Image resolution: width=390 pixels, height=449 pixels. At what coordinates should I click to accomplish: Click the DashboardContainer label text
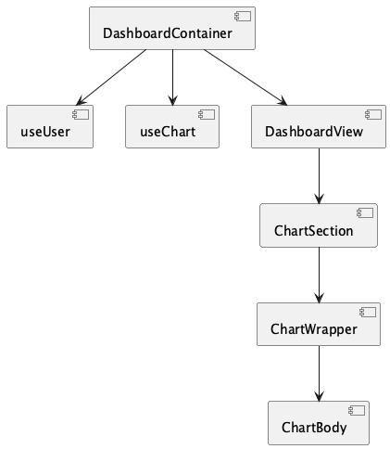[168, 33]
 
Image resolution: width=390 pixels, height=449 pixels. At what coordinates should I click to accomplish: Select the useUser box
[50, 126]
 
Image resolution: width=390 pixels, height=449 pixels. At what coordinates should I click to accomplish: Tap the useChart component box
[172, 126]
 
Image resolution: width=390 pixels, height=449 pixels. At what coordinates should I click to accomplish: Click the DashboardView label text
[314, 132]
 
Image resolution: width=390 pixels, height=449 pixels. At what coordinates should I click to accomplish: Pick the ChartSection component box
[319, 225]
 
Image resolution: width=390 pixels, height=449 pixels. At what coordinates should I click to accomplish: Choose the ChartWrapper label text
[314, 329]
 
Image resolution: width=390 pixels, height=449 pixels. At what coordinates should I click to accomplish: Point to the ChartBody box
[319, 423]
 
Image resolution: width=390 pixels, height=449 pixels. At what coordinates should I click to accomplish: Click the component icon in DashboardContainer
[243, 16]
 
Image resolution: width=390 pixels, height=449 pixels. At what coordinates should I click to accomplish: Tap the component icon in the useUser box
[81, 114]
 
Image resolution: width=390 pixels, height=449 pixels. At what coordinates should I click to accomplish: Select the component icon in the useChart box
[207, 114]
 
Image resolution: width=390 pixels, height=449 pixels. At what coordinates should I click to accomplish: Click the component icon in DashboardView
[373, 114]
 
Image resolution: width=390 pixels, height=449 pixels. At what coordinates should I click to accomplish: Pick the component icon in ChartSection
[365, 213]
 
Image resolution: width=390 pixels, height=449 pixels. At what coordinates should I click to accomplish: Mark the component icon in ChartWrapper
[368, 312]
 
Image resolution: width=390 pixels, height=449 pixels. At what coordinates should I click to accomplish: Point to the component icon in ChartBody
[357, 411]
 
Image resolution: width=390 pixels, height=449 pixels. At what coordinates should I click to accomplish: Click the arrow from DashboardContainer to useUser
[111, 77]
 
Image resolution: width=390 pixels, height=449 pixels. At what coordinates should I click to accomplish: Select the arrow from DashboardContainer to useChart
[172, 77]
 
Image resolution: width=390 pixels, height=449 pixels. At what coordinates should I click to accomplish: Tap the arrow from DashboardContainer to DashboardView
[245, 77]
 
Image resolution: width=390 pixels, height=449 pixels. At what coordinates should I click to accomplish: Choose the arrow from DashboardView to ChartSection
[319, 176]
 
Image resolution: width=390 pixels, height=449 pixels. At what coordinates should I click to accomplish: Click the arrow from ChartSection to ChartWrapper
[319, 275]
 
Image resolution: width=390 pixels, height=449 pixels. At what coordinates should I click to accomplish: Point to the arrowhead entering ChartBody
[319, 396]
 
